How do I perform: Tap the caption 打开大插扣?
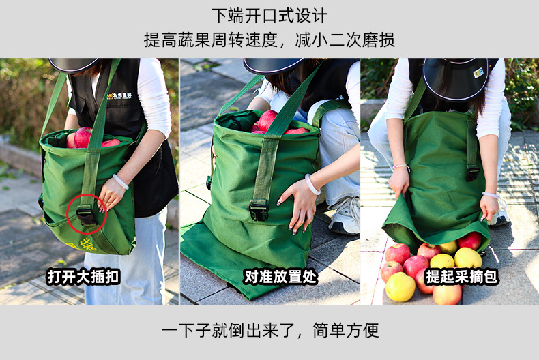[x=83, y=277]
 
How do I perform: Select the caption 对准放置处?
[x=280, y=277]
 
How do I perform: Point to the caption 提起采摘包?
[x=462, y=277]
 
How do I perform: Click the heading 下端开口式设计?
[x=269, y=16]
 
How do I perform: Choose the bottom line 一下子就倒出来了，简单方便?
[x=270, y=331]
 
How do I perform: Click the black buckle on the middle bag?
[x=258, y=211]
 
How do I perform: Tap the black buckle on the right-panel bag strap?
[x=473, y=173]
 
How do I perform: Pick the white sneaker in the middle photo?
[x=344, y=215]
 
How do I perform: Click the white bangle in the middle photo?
[x=311, y=185]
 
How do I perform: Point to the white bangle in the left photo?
[x=120, y=181]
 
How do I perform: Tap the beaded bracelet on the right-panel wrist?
[x=401, y=167]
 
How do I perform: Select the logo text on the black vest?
[x=119, y=95]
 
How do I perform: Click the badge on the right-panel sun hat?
[x=478, y=73]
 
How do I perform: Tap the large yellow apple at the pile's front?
[x=400, y=287]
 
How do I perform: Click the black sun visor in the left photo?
[x=73, y=64]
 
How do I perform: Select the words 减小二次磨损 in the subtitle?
[x=345, y=40]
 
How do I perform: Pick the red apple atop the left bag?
[x=83, y=137]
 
